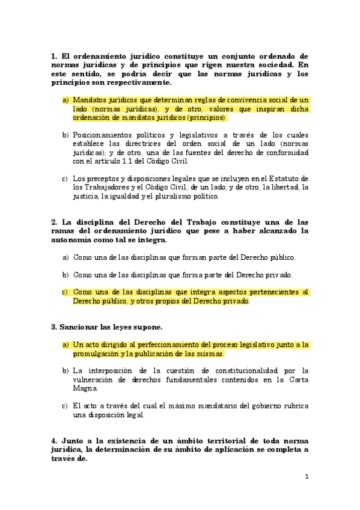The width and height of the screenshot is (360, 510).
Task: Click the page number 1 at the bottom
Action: coord(307,477)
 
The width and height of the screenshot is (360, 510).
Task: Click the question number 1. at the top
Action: coord(54,56)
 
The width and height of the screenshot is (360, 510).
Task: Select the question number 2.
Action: coord(54,221)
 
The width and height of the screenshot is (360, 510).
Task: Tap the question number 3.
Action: coord(54,327)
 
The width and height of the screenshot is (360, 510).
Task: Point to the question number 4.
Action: coord(54,441)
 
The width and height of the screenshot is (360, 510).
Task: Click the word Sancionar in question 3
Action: coord(78,327)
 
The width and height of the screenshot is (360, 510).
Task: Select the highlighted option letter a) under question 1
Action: coord(66,100)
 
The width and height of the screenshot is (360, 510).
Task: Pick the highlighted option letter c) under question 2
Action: coord(66,292)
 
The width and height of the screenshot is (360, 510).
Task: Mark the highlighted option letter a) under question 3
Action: coord(66,345)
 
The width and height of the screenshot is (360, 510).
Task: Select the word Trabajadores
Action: coord(102,187)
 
